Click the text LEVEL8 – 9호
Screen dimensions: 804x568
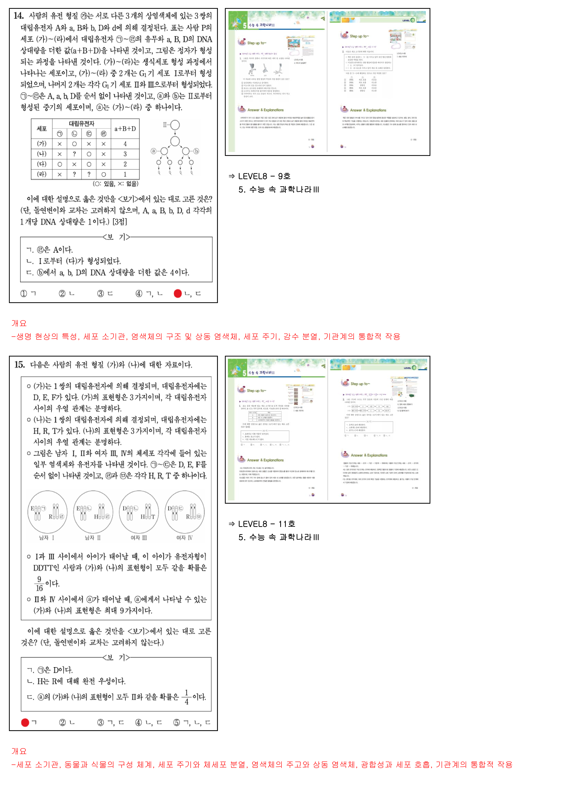pyautogui.click(x=264, y=176)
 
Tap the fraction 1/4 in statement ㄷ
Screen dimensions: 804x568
pyautogui.click(x=187, y=697)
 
